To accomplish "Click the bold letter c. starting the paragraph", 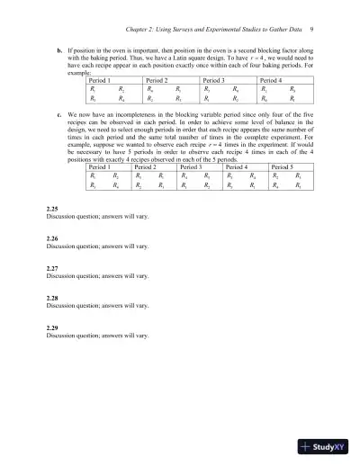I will click(x=59, y=115).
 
